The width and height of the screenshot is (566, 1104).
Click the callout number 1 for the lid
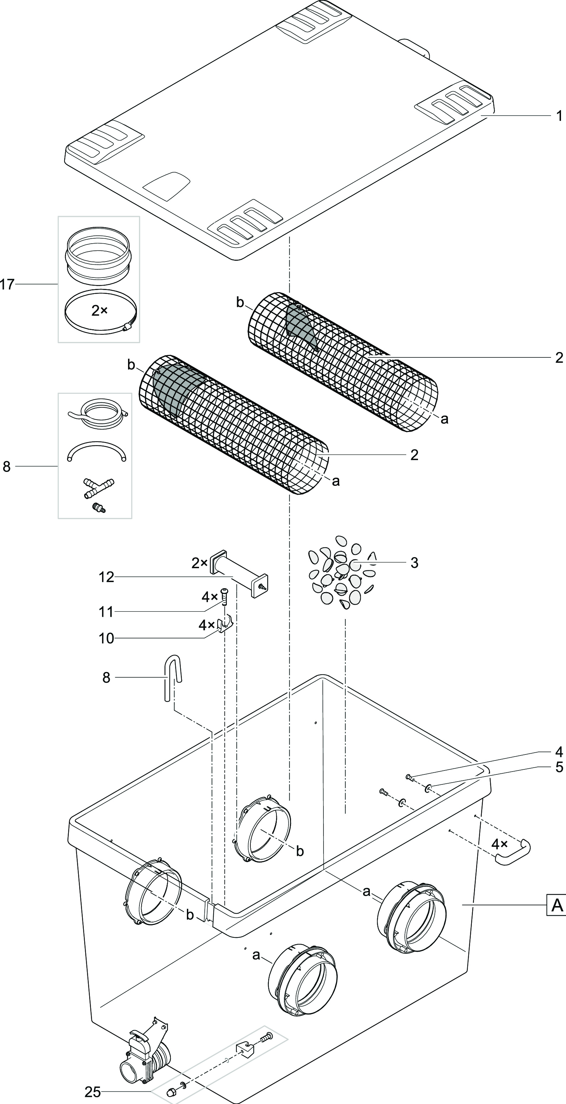(x=559, y=116)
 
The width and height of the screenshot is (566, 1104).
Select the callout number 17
(x=7, y=284)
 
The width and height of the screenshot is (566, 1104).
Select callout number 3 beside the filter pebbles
(x=414, y=563)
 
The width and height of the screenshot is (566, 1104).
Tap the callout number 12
(x=106, y=577)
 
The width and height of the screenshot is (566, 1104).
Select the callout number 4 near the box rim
(x=559, y=752)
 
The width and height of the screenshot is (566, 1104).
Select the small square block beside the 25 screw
(x=245, y=1047)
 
